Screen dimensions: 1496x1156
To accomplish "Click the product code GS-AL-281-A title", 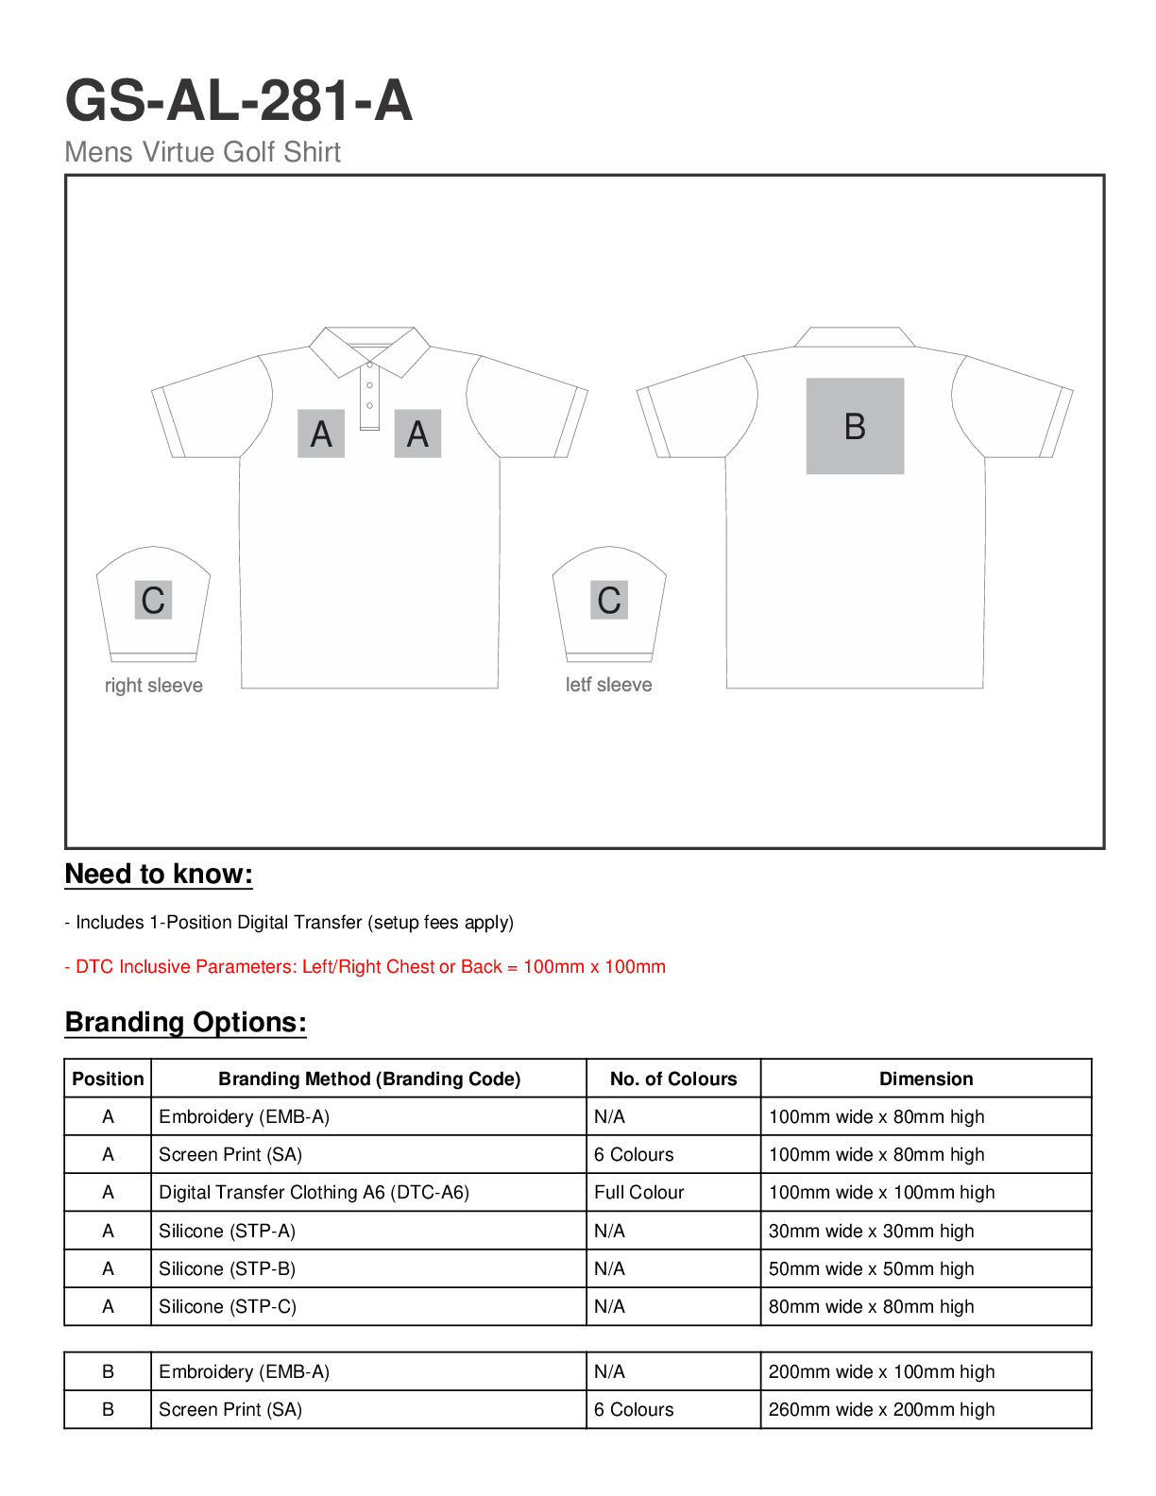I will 238,101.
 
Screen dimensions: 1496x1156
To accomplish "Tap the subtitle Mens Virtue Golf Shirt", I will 202,152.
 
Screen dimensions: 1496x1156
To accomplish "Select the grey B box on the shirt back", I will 855,426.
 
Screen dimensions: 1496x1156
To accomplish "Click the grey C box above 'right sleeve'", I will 153,601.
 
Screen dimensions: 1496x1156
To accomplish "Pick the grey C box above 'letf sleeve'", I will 609,600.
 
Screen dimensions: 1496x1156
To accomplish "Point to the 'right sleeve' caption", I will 154,686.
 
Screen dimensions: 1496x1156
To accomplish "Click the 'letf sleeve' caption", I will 609,685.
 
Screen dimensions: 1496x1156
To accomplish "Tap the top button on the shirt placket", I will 370,365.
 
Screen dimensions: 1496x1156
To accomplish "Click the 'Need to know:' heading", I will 159,875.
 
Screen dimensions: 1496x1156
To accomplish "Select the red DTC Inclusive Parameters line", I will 365,967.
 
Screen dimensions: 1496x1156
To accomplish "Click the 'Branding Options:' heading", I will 186,1023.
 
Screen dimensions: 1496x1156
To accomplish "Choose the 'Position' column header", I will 108,1079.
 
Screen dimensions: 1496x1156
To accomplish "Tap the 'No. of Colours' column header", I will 673,1079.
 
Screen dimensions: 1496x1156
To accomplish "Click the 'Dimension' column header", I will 926,1079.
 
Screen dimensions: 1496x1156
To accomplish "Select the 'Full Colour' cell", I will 639,1193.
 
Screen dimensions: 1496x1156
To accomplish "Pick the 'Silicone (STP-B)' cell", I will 228,1269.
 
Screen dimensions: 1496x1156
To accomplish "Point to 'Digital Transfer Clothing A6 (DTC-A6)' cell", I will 314,1193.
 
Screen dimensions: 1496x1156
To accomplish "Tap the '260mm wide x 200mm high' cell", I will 881,1410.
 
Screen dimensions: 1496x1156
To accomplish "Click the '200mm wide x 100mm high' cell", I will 881,1372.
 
